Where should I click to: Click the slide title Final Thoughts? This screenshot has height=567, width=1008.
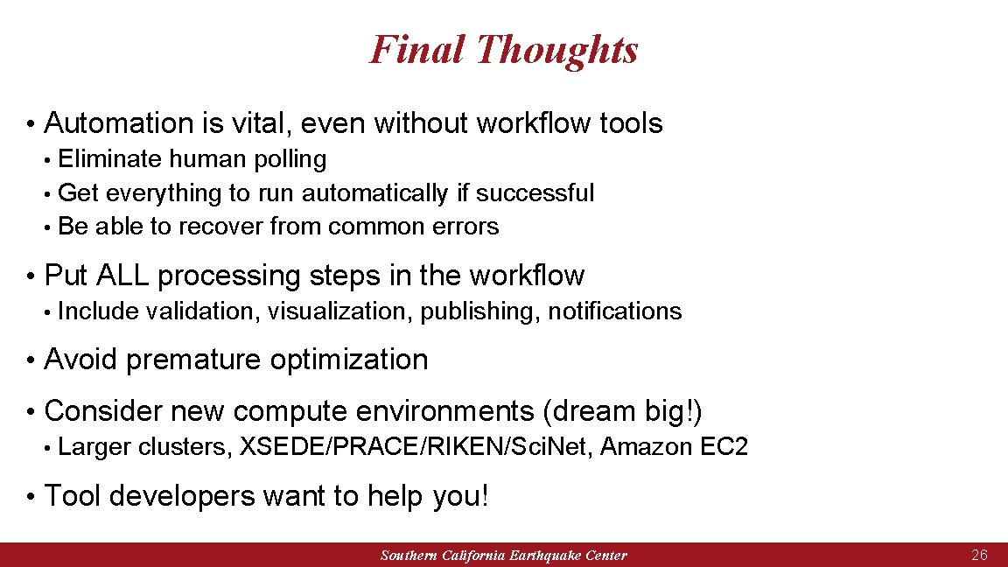[x=503, y=49]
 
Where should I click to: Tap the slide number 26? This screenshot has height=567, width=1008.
[x=979, y=556]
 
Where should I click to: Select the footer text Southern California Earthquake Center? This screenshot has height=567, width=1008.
[x=503, y=556]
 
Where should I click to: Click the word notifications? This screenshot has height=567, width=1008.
[x=614, y=311]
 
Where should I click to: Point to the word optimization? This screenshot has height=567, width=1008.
[x=349, y=360]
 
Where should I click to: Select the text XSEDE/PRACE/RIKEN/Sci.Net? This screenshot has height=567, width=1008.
[x=418, y=447]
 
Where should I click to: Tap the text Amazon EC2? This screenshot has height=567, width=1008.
[x=674, y=447]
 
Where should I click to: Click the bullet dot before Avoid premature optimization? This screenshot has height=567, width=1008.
[x=30, y=360]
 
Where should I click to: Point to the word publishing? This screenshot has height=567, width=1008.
[x=480, y=311]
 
